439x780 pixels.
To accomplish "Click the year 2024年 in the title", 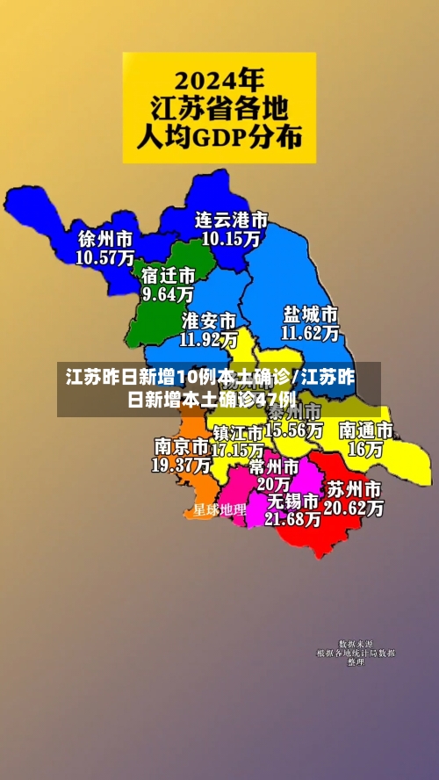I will point(219,80).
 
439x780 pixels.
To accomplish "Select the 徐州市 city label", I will point(105,239).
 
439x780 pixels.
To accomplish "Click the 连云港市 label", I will point(231,219).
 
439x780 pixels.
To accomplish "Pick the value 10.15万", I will point(231,237).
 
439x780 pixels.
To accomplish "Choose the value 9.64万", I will point(168,294).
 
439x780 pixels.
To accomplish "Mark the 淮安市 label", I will point(208,320).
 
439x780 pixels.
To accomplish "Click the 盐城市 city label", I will point(310,314).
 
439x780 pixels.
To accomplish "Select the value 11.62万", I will point(310,333).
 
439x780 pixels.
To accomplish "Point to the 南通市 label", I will point(365,430).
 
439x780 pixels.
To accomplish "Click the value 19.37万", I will point(181,465).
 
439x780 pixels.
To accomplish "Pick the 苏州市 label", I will point(354,488).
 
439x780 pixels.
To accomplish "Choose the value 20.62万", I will point(354,508).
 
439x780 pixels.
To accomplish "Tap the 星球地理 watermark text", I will point(219,509).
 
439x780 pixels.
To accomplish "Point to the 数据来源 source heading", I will point(356,644).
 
